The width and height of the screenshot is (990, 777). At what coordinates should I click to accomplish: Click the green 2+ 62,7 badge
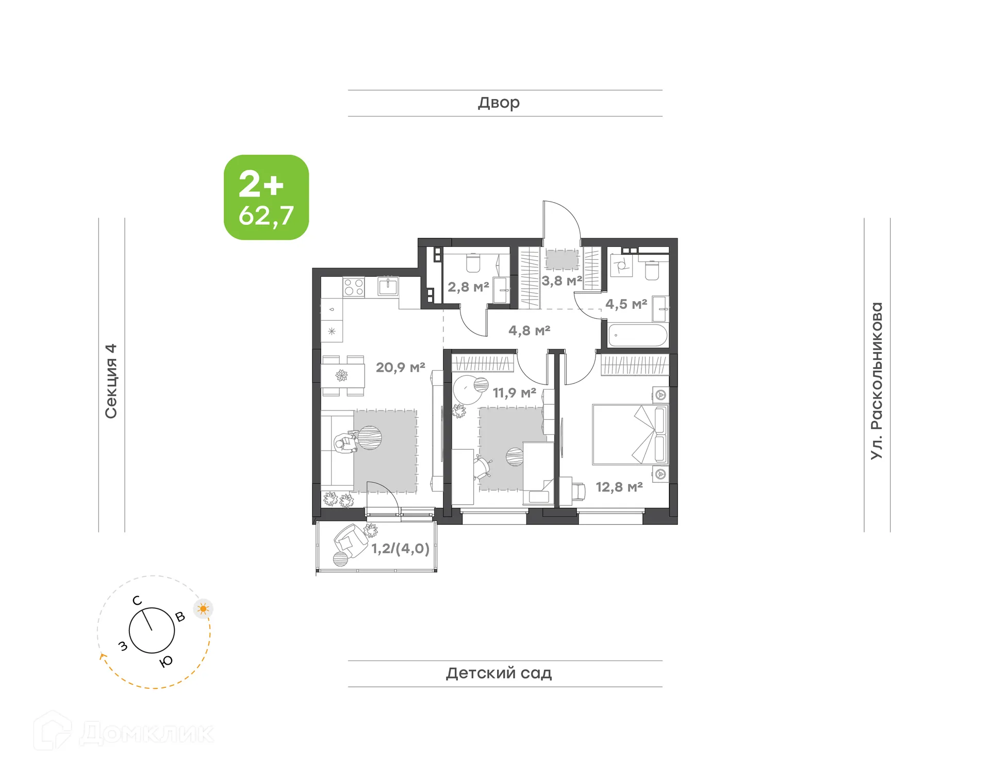pyautogui.click(x=266, y=197)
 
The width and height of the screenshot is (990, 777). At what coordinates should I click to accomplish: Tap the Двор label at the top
pyautogui.click(x=499, y=103)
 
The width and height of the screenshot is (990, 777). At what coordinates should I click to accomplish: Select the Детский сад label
pyautogui.click(x=499, y=673)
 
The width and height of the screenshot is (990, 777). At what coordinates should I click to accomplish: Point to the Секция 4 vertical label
pyautogui.click(x=111, y=381)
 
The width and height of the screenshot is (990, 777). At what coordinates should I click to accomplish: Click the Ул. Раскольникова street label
pyautogui.click(x=877, y=381)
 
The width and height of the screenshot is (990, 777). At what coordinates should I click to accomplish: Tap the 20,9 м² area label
pyautogui.click(x=400, y=368)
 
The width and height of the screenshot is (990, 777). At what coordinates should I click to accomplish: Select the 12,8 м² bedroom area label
pyautogui.click(x=619, y=487)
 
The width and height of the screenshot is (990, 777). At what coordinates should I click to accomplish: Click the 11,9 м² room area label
pyautogui.click(x=514, y=393)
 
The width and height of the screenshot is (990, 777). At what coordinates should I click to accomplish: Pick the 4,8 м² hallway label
pyautogui.click(x=529, y=330)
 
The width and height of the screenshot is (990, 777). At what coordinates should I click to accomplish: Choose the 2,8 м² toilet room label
pyautogui.click(x=468, y=287)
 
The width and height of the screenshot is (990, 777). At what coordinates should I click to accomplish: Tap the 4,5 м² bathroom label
pyautogui.click(x=626, y=304)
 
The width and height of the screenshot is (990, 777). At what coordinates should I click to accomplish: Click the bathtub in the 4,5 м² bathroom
pyautogui.click(x=638, y=335)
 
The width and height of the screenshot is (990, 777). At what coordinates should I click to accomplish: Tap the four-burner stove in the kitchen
pyautogui.click(x=354, y=287)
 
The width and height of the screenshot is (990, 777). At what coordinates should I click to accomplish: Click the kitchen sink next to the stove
pyautogui.click(x=388, y=286)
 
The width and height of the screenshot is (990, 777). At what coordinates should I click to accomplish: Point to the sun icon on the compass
pyautogui.click(x=203, y=609)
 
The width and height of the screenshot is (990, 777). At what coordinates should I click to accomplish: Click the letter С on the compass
pyautogui.click(x=137, y=601)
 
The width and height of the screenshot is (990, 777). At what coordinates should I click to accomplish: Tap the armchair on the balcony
pyautogui.click(x=351, y=540)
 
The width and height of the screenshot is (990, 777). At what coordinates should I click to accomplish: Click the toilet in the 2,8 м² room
pyautogui.click(x=473, y=263)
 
